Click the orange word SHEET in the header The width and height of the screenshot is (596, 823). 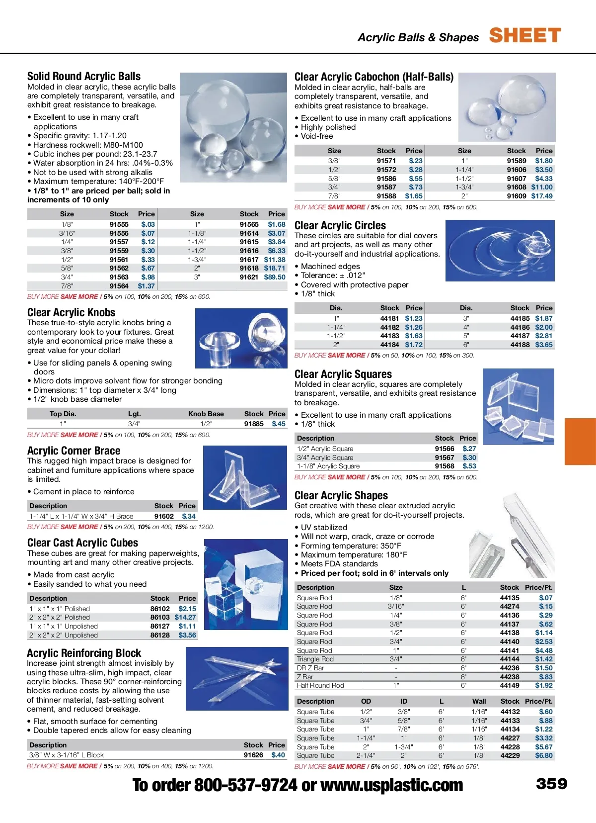525,36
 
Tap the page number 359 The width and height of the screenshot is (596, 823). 551,784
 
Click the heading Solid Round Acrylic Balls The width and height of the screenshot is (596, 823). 84,76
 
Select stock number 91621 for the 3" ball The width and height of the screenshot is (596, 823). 249,277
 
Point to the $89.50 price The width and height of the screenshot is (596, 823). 275,277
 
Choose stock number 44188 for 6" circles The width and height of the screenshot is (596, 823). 520,345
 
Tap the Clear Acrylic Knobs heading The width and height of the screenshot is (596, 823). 71,312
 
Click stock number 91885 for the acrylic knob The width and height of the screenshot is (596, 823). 254,424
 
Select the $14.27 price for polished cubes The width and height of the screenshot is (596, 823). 185,617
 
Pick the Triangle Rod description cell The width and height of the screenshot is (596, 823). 315,659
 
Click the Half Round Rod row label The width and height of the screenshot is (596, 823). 320,685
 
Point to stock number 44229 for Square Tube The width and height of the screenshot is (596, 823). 510,755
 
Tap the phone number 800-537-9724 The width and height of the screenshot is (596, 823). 245,785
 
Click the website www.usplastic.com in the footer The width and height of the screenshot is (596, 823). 392,785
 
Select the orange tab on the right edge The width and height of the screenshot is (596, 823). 580,441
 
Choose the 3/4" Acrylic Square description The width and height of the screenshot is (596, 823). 325,457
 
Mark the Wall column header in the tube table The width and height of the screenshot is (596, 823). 479,701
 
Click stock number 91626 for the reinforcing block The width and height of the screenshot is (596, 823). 253,755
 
